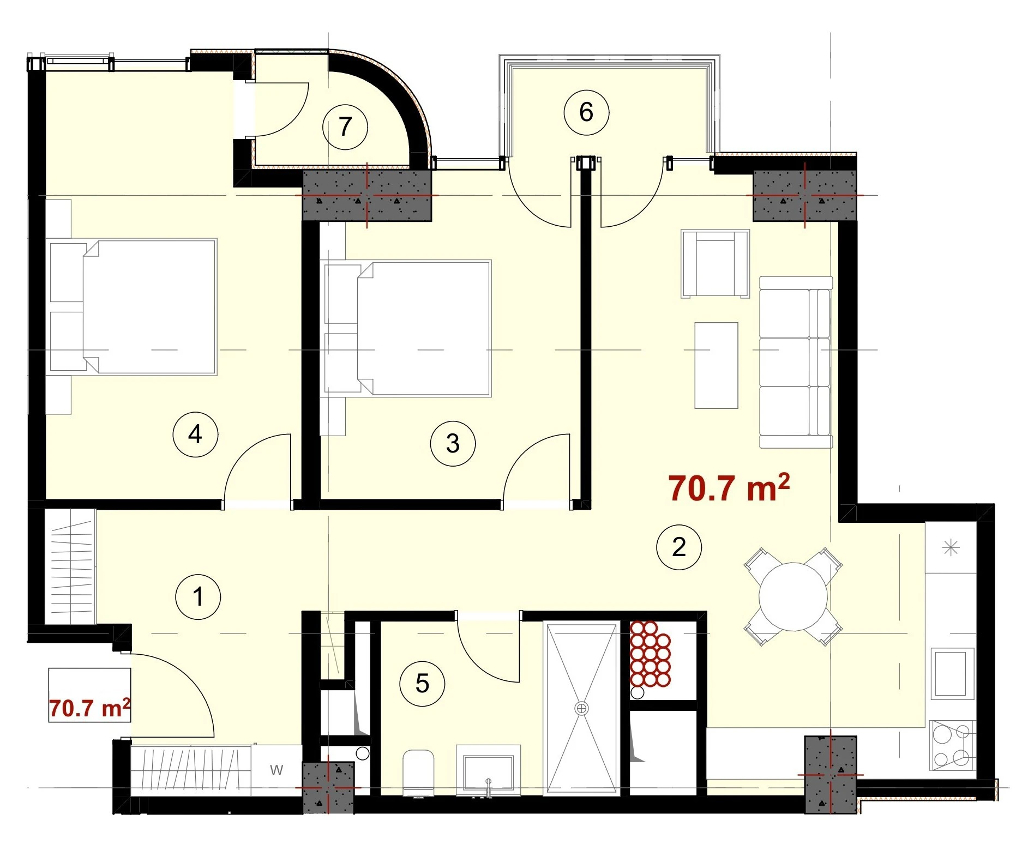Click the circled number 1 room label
[198, 596]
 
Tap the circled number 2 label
[679, 547]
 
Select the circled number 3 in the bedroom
[453, 444]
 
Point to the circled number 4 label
[195, 434]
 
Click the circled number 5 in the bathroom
[422, 684]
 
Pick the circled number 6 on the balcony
[586, 112]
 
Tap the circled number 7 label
[345, 127]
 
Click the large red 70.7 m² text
[729, 487]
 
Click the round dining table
[793, 596]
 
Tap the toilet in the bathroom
[418, 773]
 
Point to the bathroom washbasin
[489, 771]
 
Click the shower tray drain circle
[582, 708]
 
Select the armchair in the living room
[715, 264]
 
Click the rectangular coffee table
[716, 365]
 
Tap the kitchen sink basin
[952, 673]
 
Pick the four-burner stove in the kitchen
[952, 745]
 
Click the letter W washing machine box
[276, 770]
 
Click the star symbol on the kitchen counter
[951, 547]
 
